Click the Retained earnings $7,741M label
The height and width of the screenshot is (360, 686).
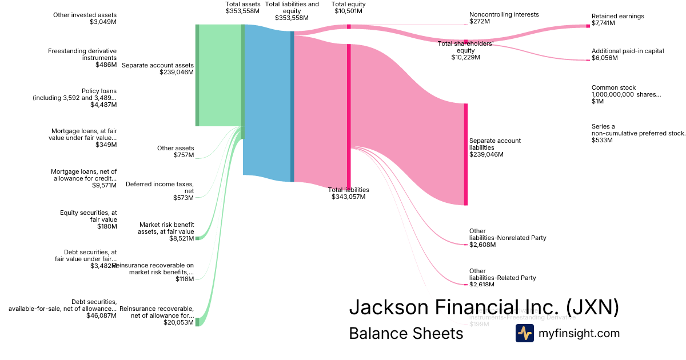tap(617, 19)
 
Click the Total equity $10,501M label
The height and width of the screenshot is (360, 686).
tap(348, 7)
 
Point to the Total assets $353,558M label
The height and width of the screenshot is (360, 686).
tap(243, 7)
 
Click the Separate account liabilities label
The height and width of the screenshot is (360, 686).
tap(495, 147)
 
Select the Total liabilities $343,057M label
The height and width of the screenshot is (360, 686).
tap(348, 193)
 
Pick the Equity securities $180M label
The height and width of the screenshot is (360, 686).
tap(88, 219)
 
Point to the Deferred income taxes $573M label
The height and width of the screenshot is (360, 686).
tap(159, 191)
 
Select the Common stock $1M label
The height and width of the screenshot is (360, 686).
tap(626, 94)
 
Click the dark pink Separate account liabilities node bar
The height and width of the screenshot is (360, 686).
tap(466, 154)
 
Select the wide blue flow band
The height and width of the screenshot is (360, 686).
tap(266, 103)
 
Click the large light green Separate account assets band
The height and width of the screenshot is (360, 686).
tap(220, 75)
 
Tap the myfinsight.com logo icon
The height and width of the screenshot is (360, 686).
tap(525, 333)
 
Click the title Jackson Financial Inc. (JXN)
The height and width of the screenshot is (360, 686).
tap(484, 307)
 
